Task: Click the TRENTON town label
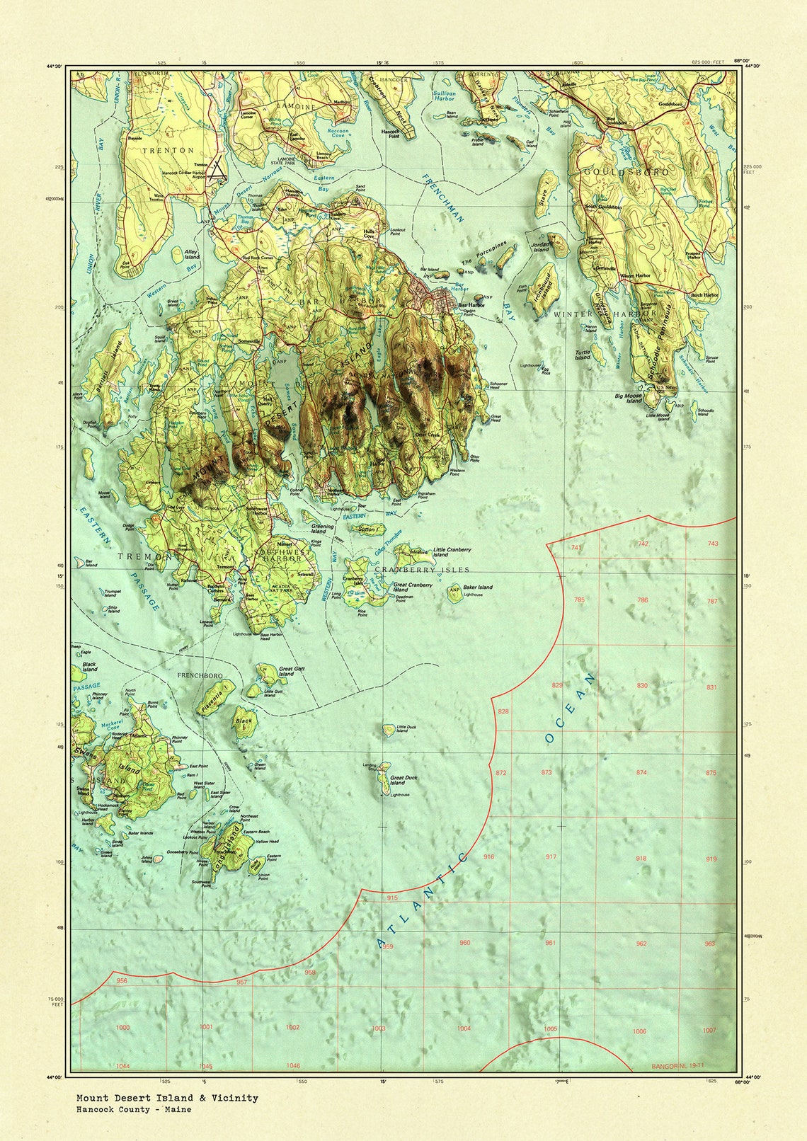pos(167,151)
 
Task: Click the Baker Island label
pos(478,587)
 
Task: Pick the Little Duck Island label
pos(406,728)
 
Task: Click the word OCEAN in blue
pos(571,708)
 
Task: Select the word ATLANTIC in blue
pos(423,901)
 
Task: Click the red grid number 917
pos(551,857)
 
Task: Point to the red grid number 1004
pos(464,1028)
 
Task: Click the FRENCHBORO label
pos(200,675)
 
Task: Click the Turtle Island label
pos(582,354)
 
